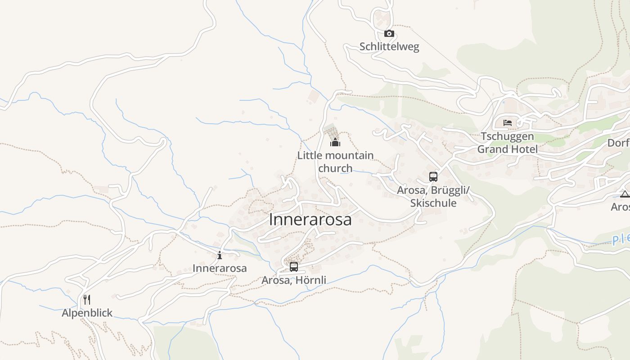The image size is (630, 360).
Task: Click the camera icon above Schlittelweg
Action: pos(389,34)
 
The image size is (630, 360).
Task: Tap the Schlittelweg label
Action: pos(389,46)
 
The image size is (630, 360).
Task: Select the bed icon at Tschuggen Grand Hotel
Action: pos(508,122)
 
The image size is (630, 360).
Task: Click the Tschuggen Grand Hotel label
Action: pos(508,143)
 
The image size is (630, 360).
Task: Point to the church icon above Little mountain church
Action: pos(335,143)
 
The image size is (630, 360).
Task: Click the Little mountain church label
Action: pos(335,162)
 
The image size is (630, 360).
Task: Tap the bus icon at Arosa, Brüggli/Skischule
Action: pos(433,176)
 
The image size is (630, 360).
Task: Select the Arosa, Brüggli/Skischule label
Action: pos(433,197)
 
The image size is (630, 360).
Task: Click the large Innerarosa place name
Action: pos(310,220)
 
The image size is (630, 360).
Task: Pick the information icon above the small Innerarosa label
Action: pos(220,256)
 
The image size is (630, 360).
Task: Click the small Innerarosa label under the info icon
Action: pos(220,268)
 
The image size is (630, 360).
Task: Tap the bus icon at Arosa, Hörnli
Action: pos(294,267)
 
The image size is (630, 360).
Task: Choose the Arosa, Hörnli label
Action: pos(294,280)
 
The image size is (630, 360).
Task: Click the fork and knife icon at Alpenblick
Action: pos(87,300)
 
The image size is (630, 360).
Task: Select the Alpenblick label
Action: pos(87,313)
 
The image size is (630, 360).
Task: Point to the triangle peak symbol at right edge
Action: pos(624,194)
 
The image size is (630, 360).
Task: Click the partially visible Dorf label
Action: pos(619,143)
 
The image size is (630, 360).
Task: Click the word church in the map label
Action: pos(335,168)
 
